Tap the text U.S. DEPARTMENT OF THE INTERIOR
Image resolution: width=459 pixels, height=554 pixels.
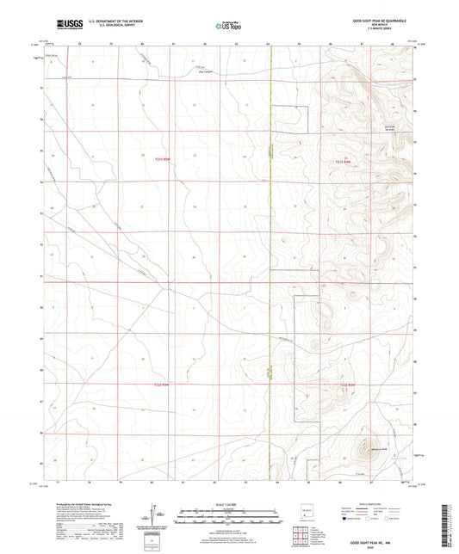pyautogui.click(x=109, y=22)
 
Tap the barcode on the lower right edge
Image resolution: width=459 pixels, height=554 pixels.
pyautogui.click(x=450, y=513)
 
